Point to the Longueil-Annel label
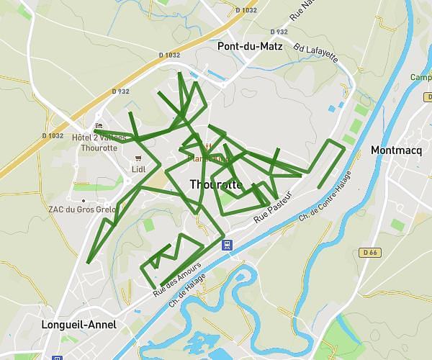pos(79,325)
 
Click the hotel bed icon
pos(99,125)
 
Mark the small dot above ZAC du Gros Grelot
pos(83,200)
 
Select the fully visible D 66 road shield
pos(370,252)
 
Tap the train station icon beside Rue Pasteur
pos(227,245)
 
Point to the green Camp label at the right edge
pos(420,78)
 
